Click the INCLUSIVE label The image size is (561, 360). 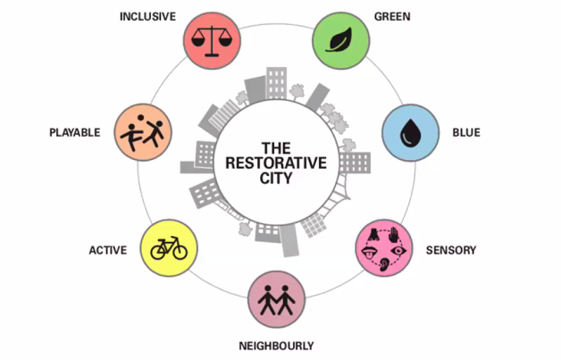pyautogui.click(x=147, y=17)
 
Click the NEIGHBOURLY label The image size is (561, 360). pyautogui.click(x=277, y=346)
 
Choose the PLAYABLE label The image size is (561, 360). pyautogui.click(x=74, y=133)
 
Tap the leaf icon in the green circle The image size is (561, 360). pyautogui.click(x=340, y=40)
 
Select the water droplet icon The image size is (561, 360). pyautogui.click(x=410, y=133)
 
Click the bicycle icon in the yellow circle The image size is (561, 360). pyautogui.click(x=168, y=248)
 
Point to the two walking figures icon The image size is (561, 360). pyautogui.click(x=274, y=301)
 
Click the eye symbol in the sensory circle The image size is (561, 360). pyautogui.click(x=399, y=250)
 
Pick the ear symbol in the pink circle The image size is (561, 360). pyautogui.click(x=384, y=264)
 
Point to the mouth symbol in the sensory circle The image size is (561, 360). pyautogui.click(x=369, y=251)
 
